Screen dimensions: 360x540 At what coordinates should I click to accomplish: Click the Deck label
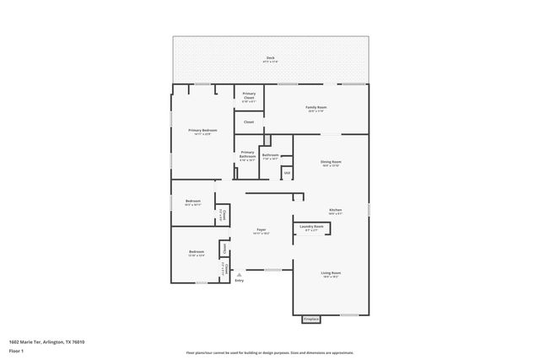coord(270,59)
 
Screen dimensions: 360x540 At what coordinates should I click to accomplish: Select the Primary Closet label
coord(249,97)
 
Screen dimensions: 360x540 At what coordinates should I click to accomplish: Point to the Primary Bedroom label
coord(203,132)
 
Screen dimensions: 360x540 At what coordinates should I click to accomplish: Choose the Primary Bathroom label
coord(247,156)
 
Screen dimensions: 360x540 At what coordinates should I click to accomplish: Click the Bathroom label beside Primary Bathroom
coord(270,156)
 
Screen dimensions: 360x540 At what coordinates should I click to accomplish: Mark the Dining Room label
coord(330,163)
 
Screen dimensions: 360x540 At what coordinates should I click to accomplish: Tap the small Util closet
coord(287,173)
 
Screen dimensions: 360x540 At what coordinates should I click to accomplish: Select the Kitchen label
coord(335,212)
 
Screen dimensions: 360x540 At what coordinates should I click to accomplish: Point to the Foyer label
coord(262,231)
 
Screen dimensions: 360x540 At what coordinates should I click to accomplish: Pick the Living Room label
coord(330,275)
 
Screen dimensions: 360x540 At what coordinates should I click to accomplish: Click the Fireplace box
coord(311,320)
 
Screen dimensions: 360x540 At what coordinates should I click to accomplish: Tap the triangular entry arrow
coord(239,273)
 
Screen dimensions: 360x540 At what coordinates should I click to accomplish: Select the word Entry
coord(239,281)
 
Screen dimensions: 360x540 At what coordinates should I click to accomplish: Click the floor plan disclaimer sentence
coord(270,352)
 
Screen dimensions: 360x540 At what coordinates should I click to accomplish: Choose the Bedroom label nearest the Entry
coord(196,254)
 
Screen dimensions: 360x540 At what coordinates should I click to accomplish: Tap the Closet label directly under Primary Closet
coord(249,122)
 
